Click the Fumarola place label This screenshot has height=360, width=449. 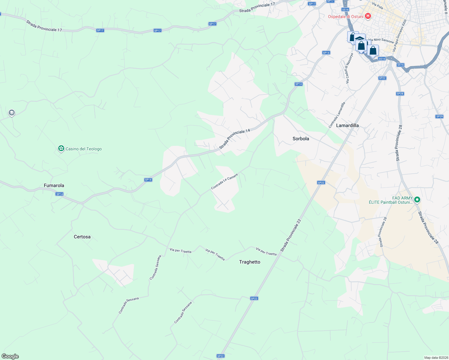click(54, 185)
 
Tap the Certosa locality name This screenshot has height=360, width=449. click(82, 237)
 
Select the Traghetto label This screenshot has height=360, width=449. click(250, 262)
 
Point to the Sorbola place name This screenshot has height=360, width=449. click(301, 139)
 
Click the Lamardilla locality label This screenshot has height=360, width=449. click(347, 125)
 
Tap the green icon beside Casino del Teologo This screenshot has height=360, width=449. click(61, 148)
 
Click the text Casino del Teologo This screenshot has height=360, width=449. click(84, 149)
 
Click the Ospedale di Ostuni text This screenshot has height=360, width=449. click(345, 16)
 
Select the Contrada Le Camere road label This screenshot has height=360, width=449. click(224, 181)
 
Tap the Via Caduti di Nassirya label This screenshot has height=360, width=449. click(349, 68)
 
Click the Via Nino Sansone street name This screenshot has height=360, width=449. click(381, 40)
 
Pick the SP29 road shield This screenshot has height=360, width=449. click(439, 116)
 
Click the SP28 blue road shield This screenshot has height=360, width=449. click(400, 94)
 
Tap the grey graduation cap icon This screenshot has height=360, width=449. click(11, 113)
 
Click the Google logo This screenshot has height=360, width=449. click(10, 356)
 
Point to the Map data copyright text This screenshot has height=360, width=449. click(436, 358)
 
